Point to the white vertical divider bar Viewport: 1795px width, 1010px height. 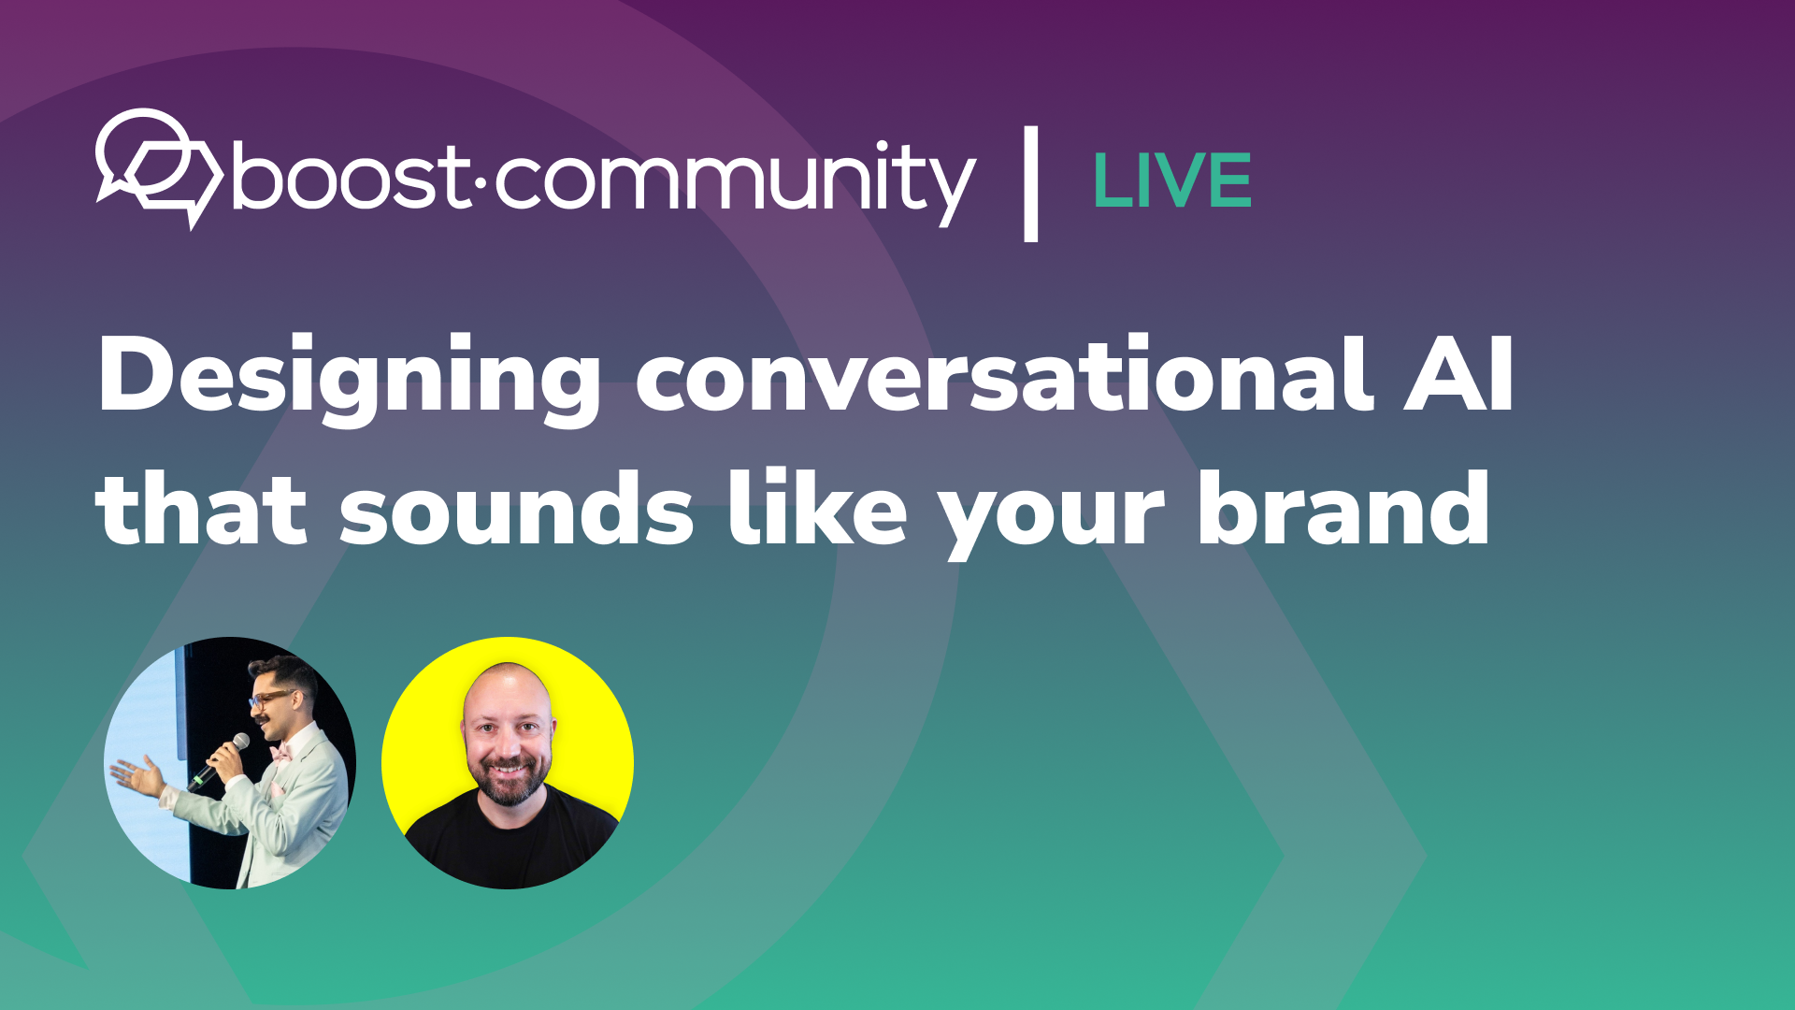(x=1030, y=183)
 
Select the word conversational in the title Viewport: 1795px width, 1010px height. (x=1005, y=374)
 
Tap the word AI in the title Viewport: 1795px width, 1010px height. (x=1458, y=374)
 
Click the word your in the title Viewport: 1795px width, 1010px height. (x=1052, y=514)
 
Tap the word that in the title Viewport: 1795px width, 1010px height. (x=201, y=510)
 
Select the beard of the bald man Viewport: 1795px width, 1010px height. (x=509, y=784)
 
